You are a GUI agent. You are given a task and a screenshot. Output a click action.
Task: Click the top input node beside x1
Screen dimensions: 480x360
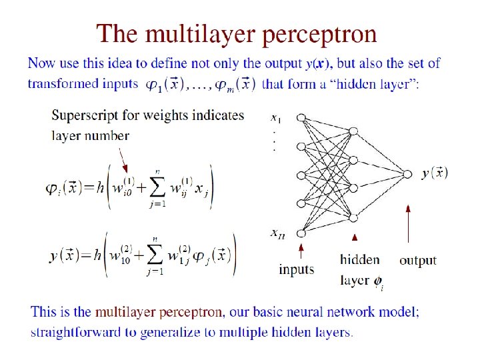[301, 117]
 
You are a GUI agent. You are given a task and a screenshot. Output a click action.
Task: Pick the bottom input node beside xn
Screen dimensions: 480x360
[301, 233]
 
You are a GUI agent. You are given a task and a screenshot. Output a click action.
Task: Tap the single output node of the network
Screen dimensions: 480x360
[408, 174]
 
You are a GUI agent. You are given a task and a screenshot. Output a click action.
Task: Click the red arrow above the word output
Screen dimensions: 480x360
[408, 227]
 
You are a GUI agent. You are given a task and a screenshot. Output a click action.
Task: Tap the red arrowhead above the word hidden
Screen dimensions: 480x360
[355, 237]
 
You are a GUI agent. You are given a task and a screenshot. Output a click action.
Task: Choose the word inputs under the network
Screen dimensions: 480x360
[297, 269]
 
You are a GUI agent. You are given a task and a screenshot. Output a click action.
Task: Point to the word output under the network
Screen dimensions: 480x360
[418, 260]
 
